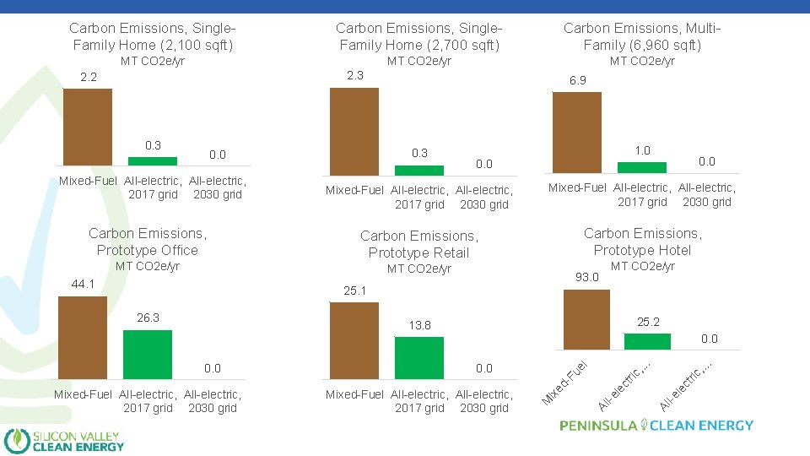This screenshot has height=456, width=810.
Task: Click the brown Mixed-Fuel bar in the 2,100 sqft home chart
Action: pyautogui.click(x=88, y=127)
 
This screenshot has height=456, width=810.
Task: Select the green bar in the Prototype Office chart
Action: pyautogui.click(x=148, y=354)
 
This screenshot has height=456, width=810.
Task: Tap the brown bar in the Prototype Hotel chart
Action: pyautogui.click(x=586, y=319)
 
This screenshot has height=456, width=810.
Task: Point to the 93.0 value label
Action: pyautogui.click(x=586, y=277)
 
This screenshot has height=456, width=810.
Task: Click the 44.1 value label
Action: pyautogui.click(x=83, y=284)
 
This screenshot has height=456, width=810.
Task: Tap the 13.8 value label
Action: pyautogui.click(x=419, y=325)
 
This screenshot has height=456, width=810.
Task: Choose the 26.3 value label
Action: pyautogui.click(x=148, y=318)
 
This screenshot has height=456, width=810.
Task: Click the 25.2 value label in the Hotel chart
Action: pyautogui.click(x=649, y=322)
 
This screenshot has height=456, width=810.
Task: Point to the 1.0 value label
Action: pyautogui.click(x=642, y=150)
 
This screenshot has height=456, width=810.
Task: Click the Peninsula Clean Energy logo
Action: pyautogui.click(x=656, y=426)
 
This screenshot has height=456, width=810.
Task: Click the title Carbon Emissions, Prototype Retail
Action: pyautogui.click(x=418, y=244)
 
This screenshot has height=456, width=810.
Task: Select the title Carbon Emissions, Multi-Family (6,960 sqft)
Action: pyautogui.click(x=642, y=36)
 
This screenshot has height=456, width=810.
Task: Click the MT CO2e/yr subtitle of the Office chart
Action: pyautogui.click(x=148, y=266)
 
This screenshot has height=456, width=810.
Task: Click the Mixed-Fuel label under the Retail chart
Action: pyautogui.click(x=354, y=394)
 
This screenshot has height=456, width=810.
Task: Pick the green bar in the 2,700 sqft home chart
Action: pyautogui.click(x=419, y=169)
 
